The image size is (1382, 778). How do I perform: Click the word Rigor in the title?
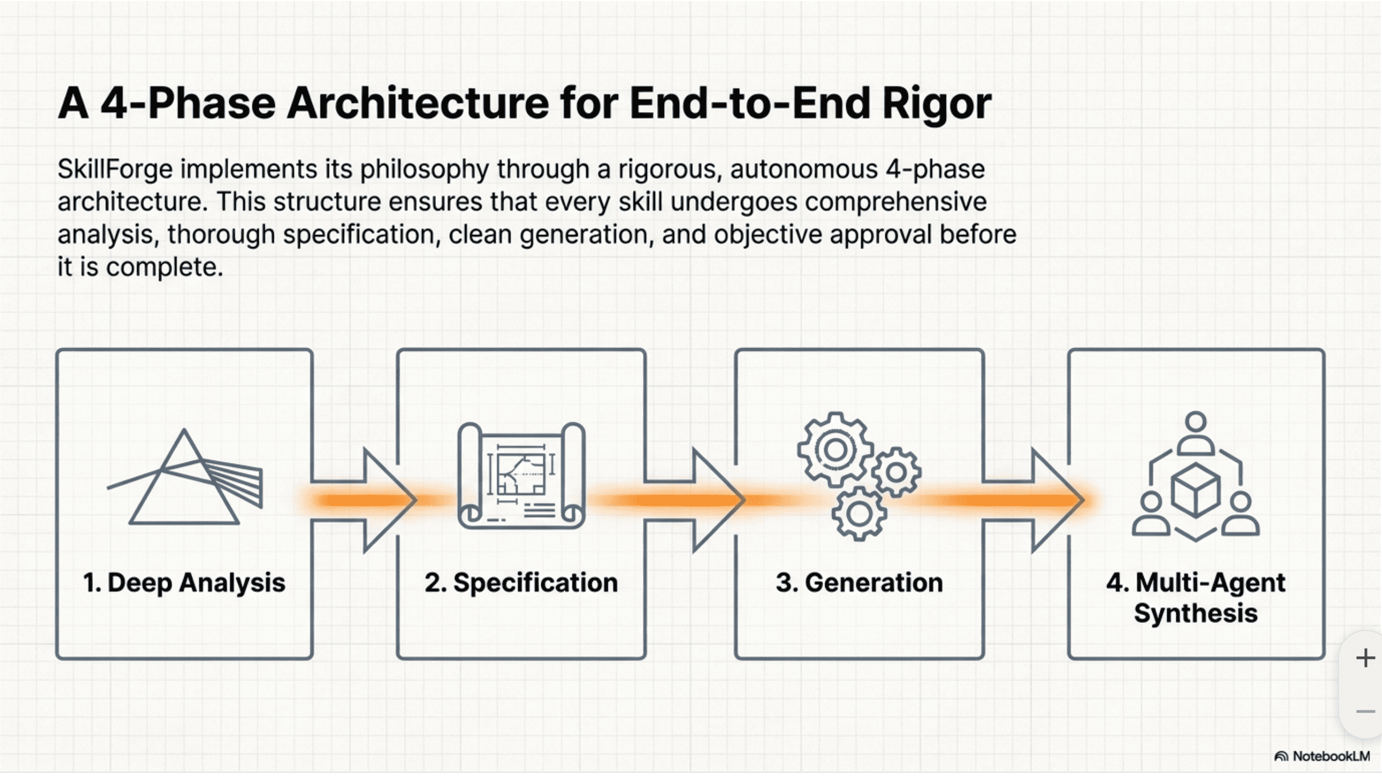point(936,104)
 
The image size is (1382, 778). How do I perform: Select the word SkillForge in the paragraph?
point(115,170)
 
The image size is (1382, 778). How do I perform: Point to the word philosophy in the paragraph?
point(424,170)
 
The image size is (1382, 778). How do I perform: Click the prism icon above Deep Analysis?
point(184,478)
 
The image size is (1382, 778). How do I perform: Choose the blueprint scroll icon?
point(521,475)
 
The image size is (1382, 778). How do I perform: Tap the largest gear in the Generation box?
point(834,450)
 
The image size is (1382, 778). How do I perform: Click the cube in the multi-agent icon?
point(1195,490)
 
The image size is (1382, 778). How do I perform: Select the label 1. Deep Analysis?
point(184,583)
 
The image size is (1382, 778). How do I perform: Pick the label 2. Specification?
point(521,583)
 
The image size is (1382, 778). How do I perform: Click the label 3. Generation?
point(859,583)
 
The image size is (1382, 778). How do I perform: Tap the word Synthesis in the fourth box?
point(1196,613)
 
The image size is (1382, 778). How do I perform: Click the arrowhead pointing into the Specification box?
point(389,500)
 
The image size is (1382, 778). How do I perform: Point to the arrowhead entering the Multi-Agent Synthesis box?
point(1057,500)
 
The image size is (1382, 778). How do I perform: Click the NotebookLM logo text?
point(1330,757)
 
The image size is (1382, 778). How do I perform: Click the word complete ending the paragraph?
point(164,267)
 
